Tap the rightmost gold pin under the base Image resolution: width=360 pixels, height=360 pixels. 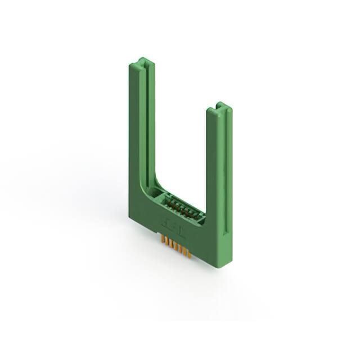(190, 253)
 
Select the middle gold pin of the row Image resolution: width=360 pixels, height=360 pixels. (177, 247)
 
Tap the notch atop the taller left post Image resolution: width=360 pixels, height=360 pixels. (144, 60)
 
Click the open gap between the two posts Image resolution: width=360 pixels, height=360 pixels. (180, 141)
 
